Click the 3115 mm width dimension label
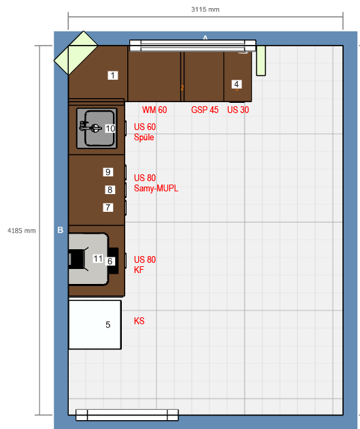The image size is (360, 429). (x=206, y=10)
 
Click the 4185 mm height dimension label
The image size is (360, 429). (x=22, y=231)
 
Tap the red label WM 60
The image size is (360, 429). (x=154, y=110)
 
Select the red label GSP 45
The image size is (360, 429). (x=205, y=110)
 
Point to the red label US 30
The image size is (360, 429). (x=238, y=110)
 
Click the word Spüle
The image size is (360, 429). (x=144, y=137)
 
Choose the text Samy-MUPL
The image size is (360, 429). (x=156, y=188)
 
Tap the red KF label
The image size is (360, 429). (x=139, y=270)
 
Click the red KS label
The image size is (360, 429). (x=139, y=321)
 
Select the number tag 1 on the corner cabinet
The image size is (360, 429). (x=113, y=75)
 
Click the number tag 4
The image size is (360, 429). (x=237, y=84)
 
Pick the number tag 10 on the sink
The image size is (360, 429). (x=110, y=128)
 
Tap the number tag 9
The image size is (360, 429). (x=108, y=172)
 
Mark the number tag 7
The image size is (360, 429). (x=108, y=208)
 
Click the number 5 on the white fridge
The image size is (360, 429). (x=108, y=325)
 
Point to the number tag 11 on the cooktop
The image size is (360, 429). (x=98, y=259)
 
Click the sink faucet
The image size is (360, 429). (x=90, y=127)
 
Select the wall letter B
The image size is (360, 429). (x=61, y=230)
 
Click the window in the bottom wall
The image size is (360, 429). (x=127, y=415)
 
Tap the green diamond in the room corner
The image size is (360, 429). (x=76, y=53)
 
